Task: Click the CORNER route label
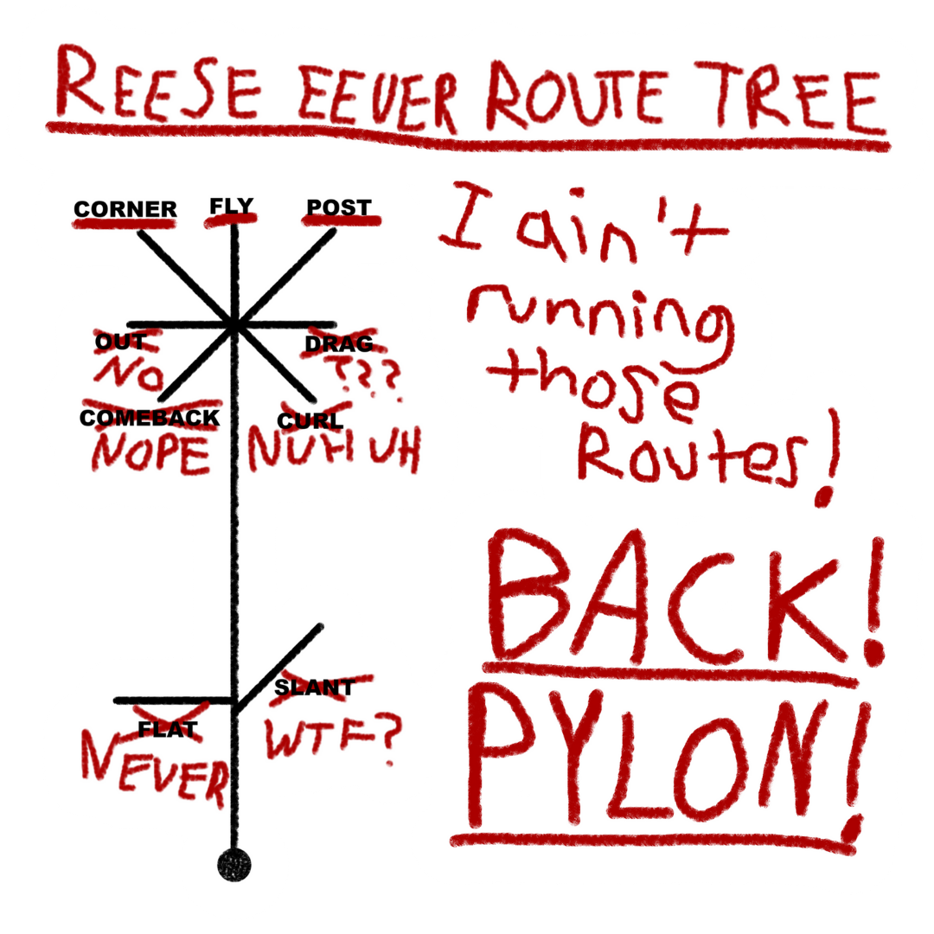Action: coord(125,209)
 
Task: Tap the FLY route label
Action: coord(231,206)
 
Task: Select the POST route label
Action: coord(339,208)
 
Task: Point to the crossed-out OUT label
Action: coord(121,342)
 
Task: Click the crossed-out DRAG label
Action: coord(339,344)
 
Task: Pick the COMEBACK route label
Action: coord(150,418)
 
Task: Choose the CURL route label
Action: coord(310,421)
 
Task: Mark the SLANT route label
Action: coord(314,688)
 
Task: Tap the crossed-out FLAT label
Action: coord(169,729)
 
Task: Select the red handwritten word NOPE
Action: coord(152,453)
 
